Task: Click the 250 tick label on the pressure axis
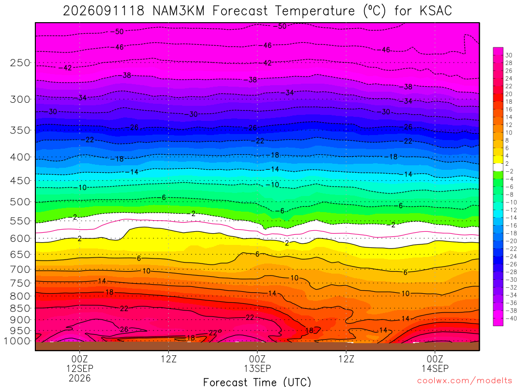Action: click(x=20, y=62)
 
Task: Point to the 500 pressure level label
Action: click(x=20, y=202)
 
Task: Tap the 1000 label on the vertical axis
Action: click(x=17, y=341)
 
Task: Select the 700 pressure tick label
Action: click(x=20, y=270)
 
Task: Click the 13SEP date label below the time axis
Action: click(x=257, y=368)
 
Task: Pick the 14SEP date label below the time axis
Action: click(x=435, y=368)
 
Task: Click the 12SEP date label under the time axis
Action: click(x=80, y=368)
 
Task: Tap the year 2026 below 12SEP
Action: click(x=80, y=378)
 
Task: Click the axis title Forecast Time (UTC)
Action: click(x=257, y=382)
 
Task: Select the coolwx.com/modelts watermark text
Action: click(x=464, y=381)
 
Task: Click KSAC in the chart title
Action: click(x=436, y=11)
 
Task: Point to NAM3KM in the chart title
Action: click(x=179, y=11)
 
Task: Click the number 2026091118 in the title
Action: click(x=104, y=11)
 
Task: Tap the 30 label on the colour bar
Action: click(x=509, y=55)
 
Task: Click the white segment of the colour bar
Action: click(x=498, y=167)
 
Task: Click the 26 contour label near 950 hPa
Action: click(x=124, y=330)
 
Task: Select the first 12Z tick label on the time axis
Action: click(x=169, y=358)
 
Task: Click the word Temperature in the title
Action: click(x=315, y=11)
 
